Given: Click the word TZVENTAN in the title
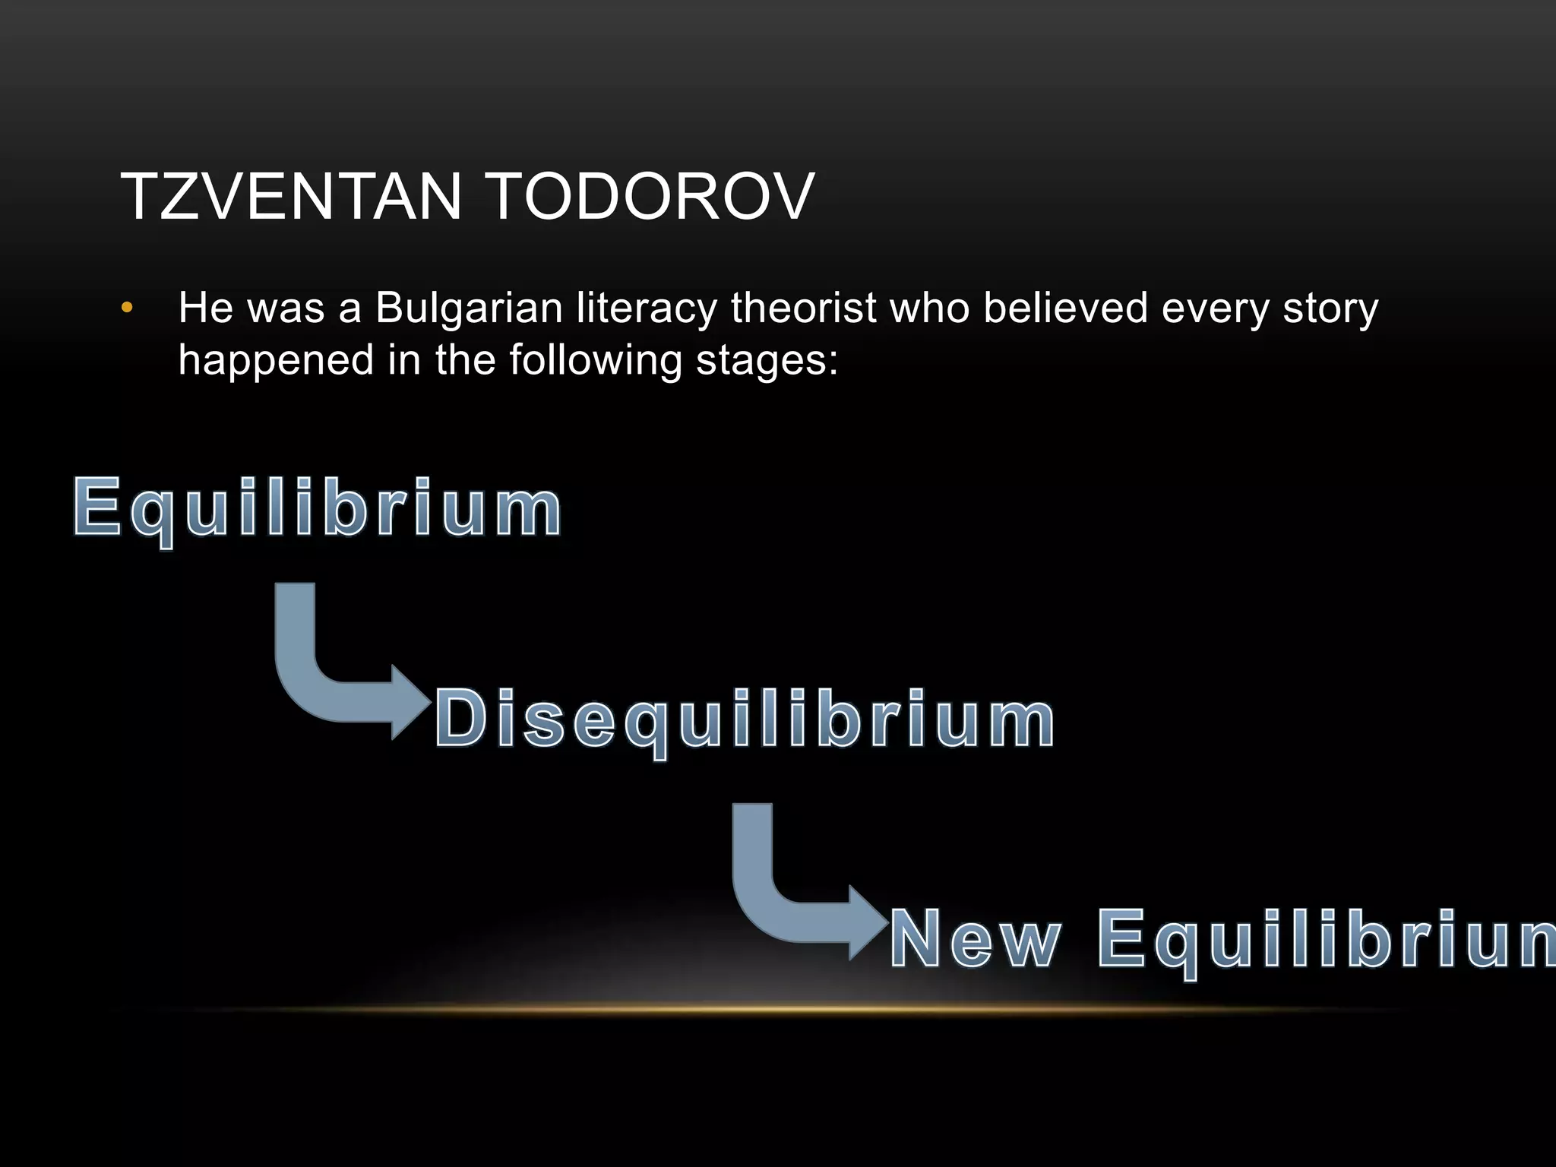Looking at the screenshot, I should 291,197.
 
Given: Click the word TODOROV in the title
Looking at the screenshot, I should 650,197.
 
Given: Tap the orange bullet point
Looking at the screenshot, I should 127,308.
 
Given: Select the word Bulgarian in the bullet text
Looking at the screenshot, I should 469,308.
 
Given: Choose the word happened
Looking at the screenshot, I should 276,360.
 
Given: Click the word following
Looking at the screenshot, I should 595,360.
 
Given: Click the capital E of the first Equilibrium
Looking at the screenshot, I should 97,506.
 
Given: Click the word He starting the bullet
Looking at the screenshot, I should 205,308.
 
